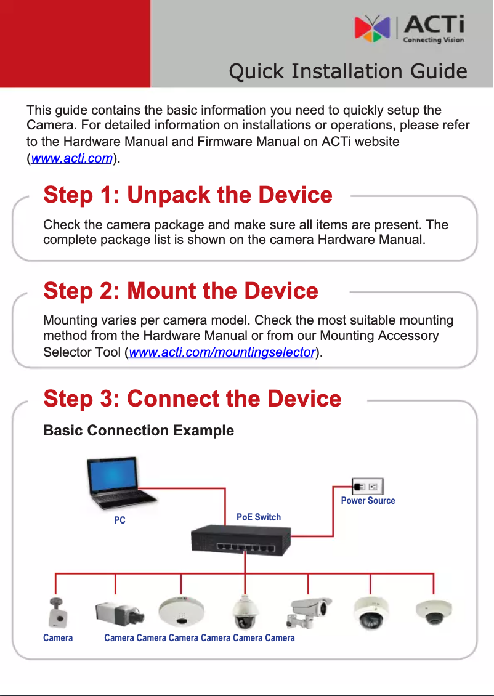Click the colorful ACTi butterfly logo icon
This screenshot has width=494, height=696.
(x=372, y=29)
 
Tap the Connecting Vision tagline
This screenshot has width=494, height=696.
(x=433, y=41)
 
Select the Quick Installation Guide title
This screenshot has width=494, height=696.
(x=347, y=71)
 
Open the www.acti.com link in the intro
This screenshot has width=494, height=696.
(x=71, y=159)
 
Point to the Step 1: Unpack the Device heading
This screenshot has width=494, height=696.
(x=188, y=195)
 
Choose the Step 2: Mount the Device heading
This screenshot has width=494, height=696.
(x=180, y=291)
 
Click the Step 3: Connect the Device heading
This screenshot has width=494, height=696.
(x=192, y=399)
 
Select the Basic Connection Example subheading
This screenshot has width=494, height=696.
(x=139, y=431)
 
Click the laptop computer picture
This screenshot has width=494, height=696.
(x=119, y=484)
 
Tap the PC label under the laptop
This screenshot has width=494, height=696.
(x=119, y=520)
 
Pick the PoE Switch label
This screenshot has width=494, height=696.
(x=259, y=517)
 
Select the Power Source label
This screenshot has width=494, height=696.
(x=368, y=501)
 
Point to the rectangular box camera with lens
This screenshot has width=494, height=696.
(x=119, y=612)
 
